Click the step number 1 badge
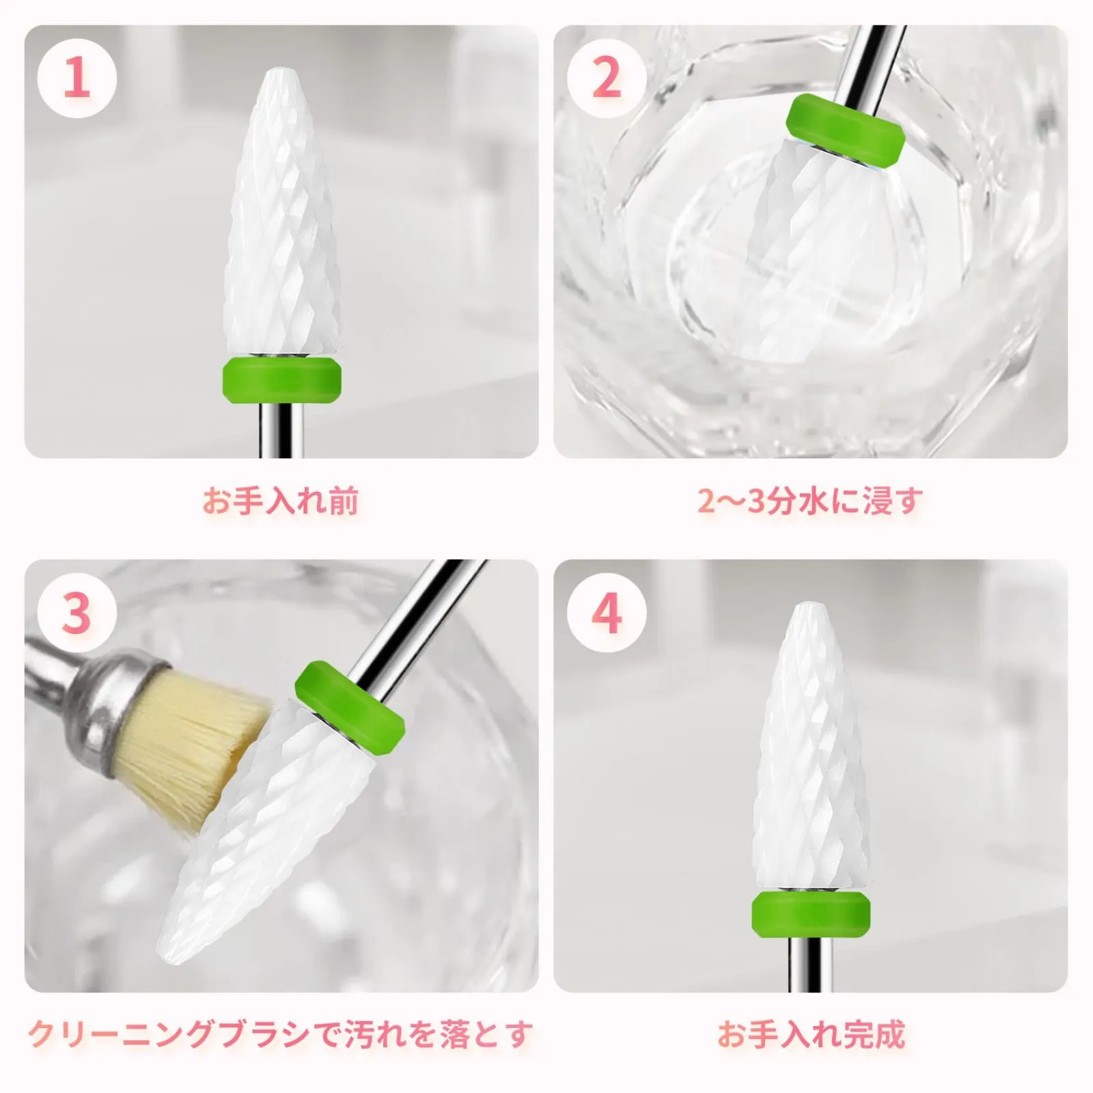tap(77, 78)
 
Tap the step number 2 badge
tap(607, 78)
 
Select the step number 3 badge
tap(77, 613)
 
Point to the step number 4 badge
tap(607, 613)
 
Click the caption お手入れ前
tap(281, 500)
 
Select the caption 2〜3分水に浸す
tap(810, 500)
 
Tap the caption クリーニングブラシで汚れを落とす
tap(281, 1034)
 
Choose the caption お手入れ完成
tap(811, 1034)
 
